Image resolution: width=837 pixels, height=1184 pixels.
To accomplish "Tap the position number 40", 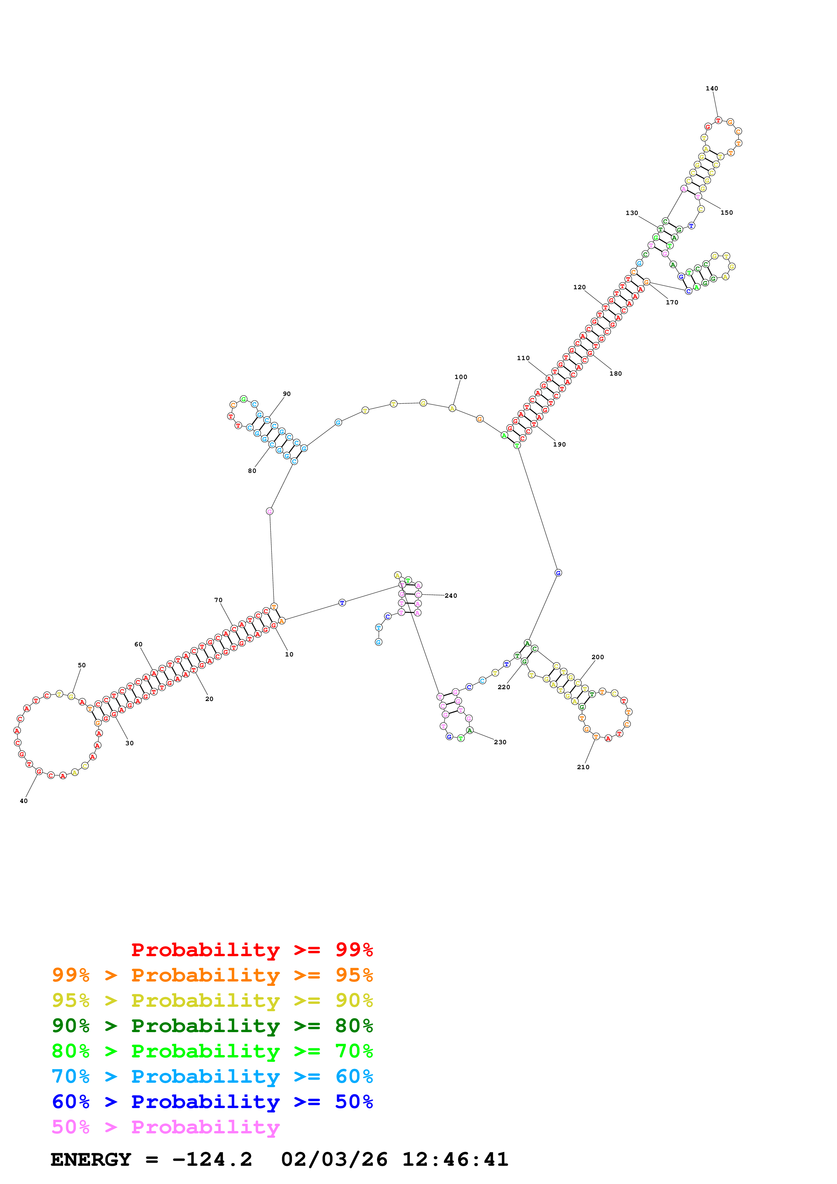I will coord(24,801).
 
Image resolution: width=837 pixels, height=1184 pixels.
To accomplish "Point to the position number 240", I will coord(451,596).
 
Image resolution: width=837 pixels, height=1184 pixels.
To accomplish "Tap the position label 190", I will coord(559,445).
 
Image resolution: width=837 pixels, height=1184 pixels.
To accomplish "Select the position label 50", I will coord(81,665).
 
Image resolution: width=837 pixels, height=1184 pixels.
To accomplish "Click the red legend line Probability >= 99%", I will coord(252,949).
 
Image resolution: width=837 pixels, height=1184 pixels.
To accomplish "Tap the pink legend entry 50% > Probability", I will coord(165,1127).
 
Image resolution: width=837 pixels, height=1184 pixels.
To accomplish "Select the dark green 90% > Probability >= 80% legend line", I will coord(212,1026).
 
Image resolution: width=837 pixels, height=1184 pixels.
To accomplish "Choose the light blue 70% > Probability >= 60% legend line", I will coord(212,1076).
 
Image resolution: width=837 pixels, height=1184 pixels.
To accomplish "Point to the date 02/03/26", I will coord(334,1160).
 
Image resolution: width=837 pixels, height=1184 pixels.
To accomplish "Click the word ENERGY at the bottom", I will coord(91,1160).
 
